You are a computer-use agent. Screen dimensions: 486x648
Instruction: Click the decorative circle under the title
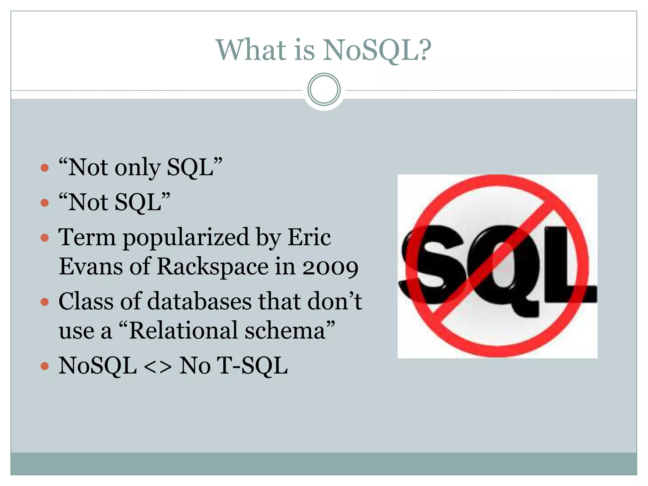pyautogui.click(x=324, y=89)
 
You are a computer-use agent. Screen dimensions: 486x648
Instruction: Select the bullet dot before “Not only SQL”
pyautogui.click(x=45, y=167)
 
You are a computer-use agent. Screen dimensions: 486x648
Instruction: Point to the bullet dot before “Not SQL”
pyautogui.click(x=45, y=202)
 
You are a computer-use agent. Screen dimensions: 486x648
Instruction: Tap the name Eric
pyautogui.click(x=309, y=237)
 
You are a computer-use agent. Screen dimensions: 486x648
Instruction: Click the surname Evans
pyautogui.click(x=91, y=266)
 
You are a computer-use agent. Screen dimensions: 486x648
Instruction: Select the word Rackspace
pyautogui.click(x=213, y=267)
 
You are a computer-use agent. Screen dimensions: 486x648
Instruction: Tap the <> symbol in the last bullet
pyautogui.click(x=158, y=366)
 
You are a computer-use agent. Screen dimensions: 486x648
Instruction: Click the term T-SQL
pyautogui.click(x=252, y=366)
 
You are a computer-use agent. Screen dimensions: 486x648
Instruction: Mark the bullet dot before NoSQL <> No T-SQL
pyautogui.click(x=45, y=366)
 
